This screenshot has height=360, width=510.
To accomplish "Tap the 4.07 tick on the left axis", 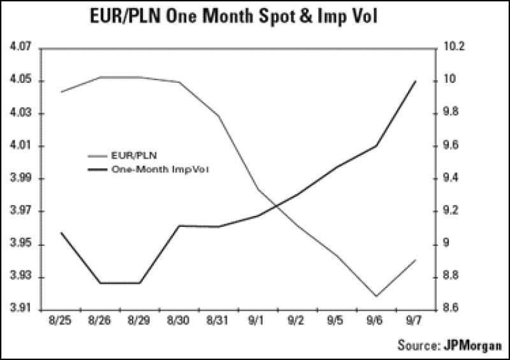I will tap(21, 48).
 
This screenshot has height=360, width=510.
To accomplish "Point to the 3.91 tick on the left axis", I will tap(21, 310).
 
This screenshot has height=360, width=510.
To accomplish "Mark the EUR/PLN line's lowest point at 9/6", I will tap(376, 296).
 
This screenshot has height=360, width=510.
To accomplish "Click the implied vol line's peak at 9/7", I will tap(416, 81).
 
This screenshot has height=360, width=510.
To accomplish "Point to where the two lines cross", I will tap(278, 206).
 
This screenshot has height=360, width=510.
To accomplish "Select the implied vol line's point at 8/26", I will tap(99, 283).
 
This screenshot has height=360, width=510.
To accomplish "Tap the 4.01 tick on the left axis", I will tap(21, 146).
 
